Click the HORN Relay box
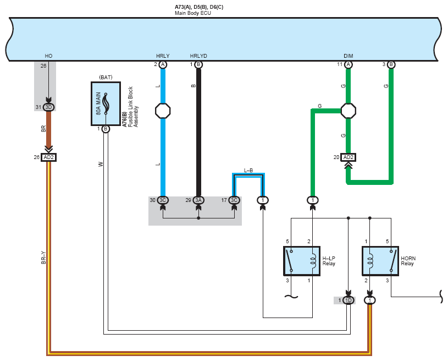coord(380,261)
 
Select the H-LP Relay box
coord(302,261)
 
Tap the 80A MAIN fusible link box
coord(106,103)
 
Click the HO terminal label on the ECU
coord(48,56)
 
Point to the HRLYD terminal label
coord(198,56)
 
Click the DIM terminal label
coord(348,56)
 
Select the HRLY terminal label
coord(163,56)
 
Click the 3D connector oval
coord(48,107)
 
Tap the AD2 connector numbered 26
coord(48,157)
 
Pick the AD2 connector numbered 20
coord(348,157)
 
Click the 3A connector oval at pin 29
coord(198,200)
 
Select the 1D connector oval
coord(348,300)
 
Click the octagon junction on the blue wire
coord(163,111)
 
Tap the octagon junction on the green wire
coord(348,111)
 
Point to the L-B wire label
coord(248,170)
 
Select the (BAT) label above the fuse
coord(106,77)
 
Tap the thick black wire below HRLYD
coord(198,132)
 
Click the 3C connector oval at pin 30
coord(163,200)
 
